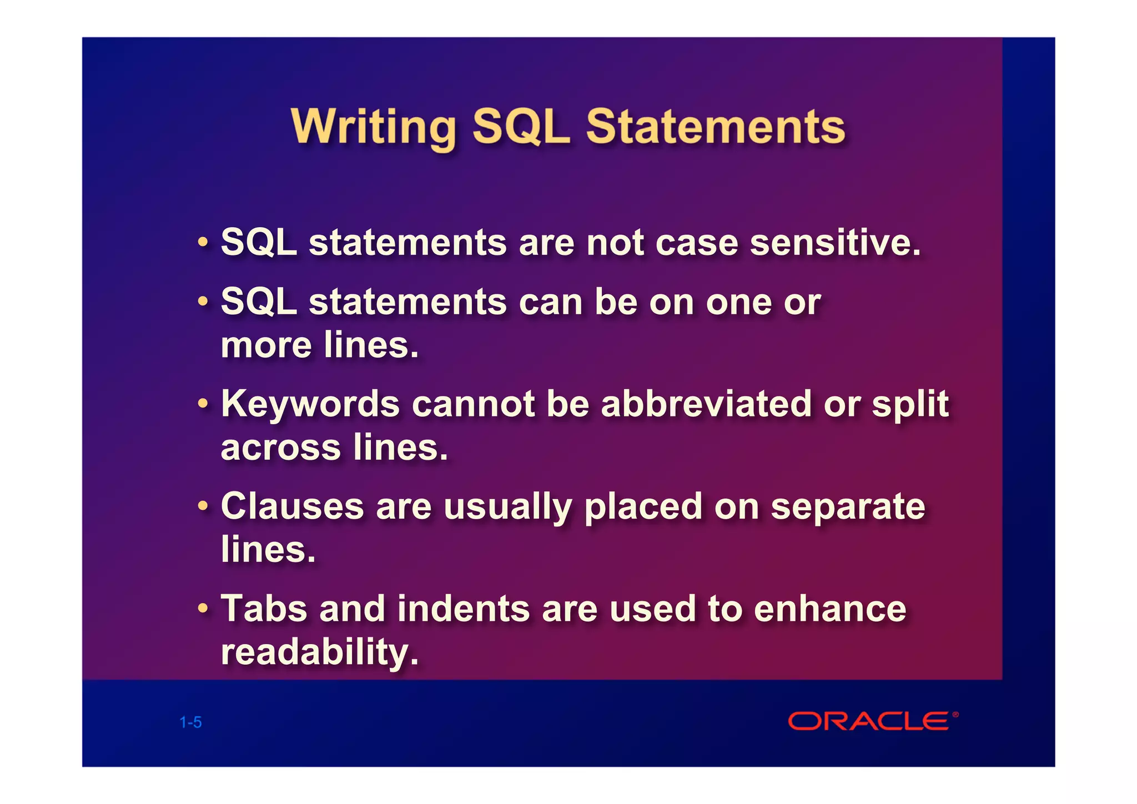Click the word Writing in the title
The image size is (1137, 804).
coord(373,127)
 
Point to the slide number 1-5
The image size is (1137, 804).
coord(190,722)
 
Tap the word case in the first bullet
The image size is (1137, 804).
coord(696,243)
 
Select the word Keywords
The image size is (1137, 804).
coord(310,404)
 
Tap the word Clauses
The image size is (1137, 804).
coord(292,506)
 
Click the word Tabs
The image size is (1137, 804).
coord(264,609)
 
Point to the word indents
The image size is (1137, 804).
coord(463,609)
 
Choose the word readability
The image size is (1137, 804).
coord(319,652)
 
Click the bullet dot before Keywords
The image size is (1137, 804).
coord(204,403)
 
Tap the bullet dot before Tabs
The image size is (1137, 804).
coord(204,609)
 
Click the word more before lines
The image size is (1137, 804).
coord(266,345)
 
